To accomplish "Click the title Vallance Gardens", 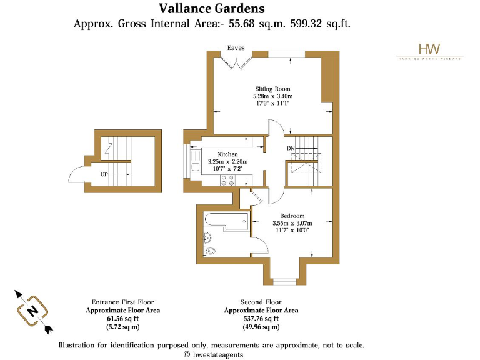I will [211, 9].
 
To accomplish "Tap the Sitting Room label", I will [272, 89].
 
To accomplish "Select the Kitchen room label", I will [227, 154].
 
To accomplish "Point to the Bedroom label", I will [292, 216].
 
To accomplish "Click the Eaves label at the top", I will [236, 48].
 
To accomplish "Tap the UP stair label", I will [104, 174].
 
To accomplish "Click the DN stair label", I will [291, 148].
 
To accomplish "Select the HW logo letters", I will [429, 49].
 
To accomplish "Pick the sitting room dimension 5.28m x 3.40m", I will [272, 96].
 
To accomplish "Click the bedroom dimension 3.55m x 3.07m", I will [292, 223].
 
